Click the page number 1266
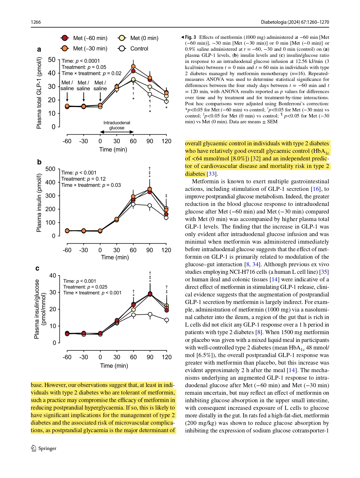click(x=36, y=22)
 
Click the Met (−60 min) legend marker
click(x=65, y=38)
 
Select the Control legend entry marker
click(x=122, y=48)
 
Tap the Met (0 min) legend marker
click(x=122, y=38)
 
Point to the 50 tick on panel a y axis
click(x=52, y=60)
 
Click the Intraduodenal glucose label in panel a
click(x=117, y=125)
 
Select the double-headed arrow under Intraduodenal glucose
click(x=117, y=132)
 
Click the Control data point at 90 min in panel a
click(x=150, y=94)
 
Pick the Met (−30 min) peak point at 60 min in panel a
click(x=133, y=66)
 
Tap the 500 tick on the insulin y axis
click(x=50, y=169)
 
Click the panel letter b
click(x=39, y=162)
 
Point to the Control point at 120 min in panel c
click(x=167, y=320)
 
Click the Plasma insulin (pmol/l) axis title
click(x=39, y=203)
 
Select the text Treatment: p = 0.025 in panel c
click(x=85, y=287)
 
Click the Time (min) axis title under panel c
click(x=114, y=365)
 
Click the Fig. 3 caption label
click(x=190, y=37)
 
